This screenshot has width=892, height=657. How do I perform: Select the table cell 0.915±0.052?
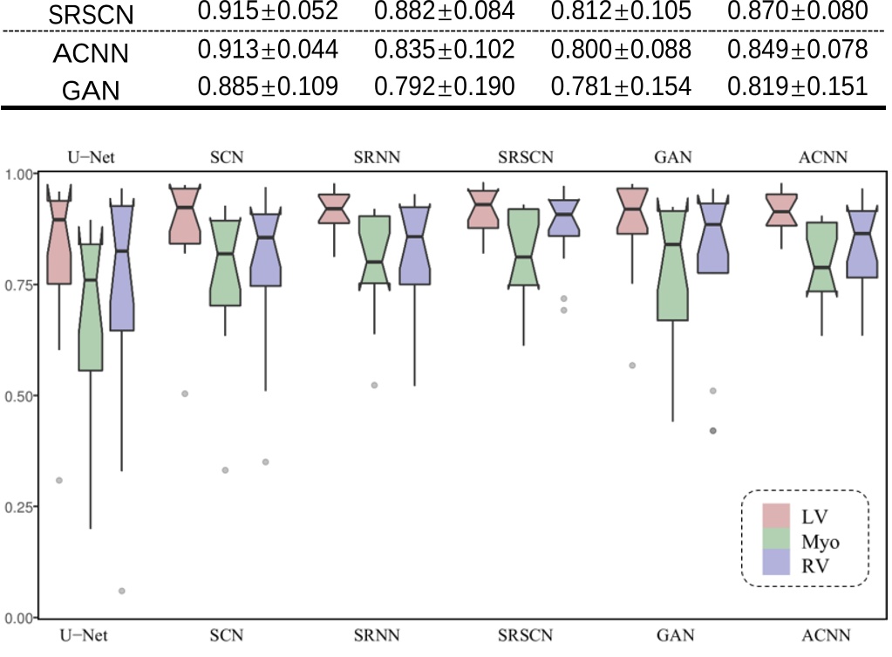(x=268, y=12)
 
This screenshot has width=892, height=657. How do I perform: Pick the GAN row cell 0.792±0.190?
(x=444, y=86)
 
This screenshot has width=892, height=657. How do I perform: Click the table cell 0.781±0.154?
(x=621, y=86)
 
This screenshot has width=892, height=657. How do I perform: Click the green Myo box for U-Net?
(x=90, y=305)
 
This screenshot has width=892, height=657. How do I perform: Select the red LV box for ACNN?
(x=782, y=212)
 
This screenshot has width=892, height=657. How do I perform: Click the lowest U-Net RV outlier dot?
(x=121, y=591)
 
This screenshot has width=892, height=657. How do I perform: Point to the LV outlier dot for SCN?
(x=185, y=394)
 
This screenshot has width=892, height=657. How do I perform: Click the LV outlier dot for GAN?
(x=632, y=366)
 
